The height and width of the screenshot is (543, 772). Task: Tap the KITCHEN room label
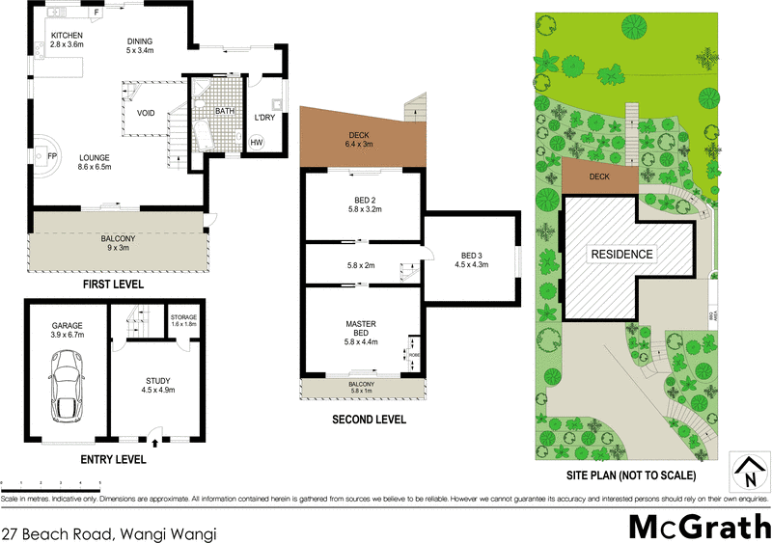[54, 35]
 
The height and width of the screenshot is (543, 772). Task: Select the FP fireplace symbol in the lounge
[40, 153]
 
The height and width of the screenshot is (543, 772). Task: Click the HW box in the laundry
[257, 143]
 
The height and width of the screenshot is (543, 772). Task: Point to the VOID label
[146, 113]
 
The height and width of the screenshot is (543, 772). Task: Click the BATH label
[225, 111]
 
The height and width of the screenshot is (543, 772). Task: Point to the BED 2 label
[365, 202]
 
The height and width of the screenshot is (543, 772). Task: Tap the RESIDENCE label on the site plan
[621, 255]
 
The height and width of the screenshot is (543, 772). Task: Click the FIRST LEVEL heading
[114, 285]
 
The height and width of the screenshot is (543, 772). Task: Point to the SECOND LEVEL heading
[369, 420]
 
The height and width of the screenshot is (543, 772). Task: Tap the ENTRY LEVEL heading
[113, 460]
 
